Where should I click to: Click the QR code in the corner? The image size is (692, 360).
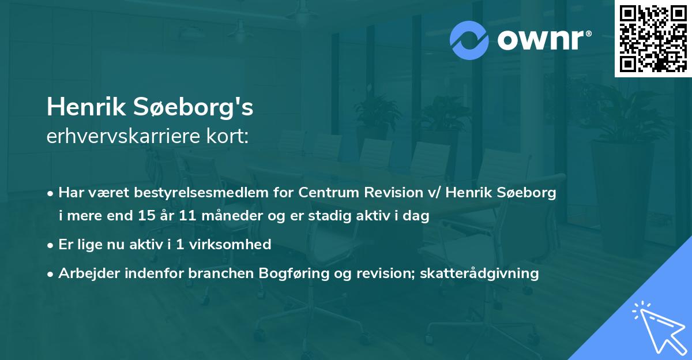point(653,39)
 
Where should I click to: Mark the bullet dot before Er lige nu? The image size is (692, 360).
point(51,245)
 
